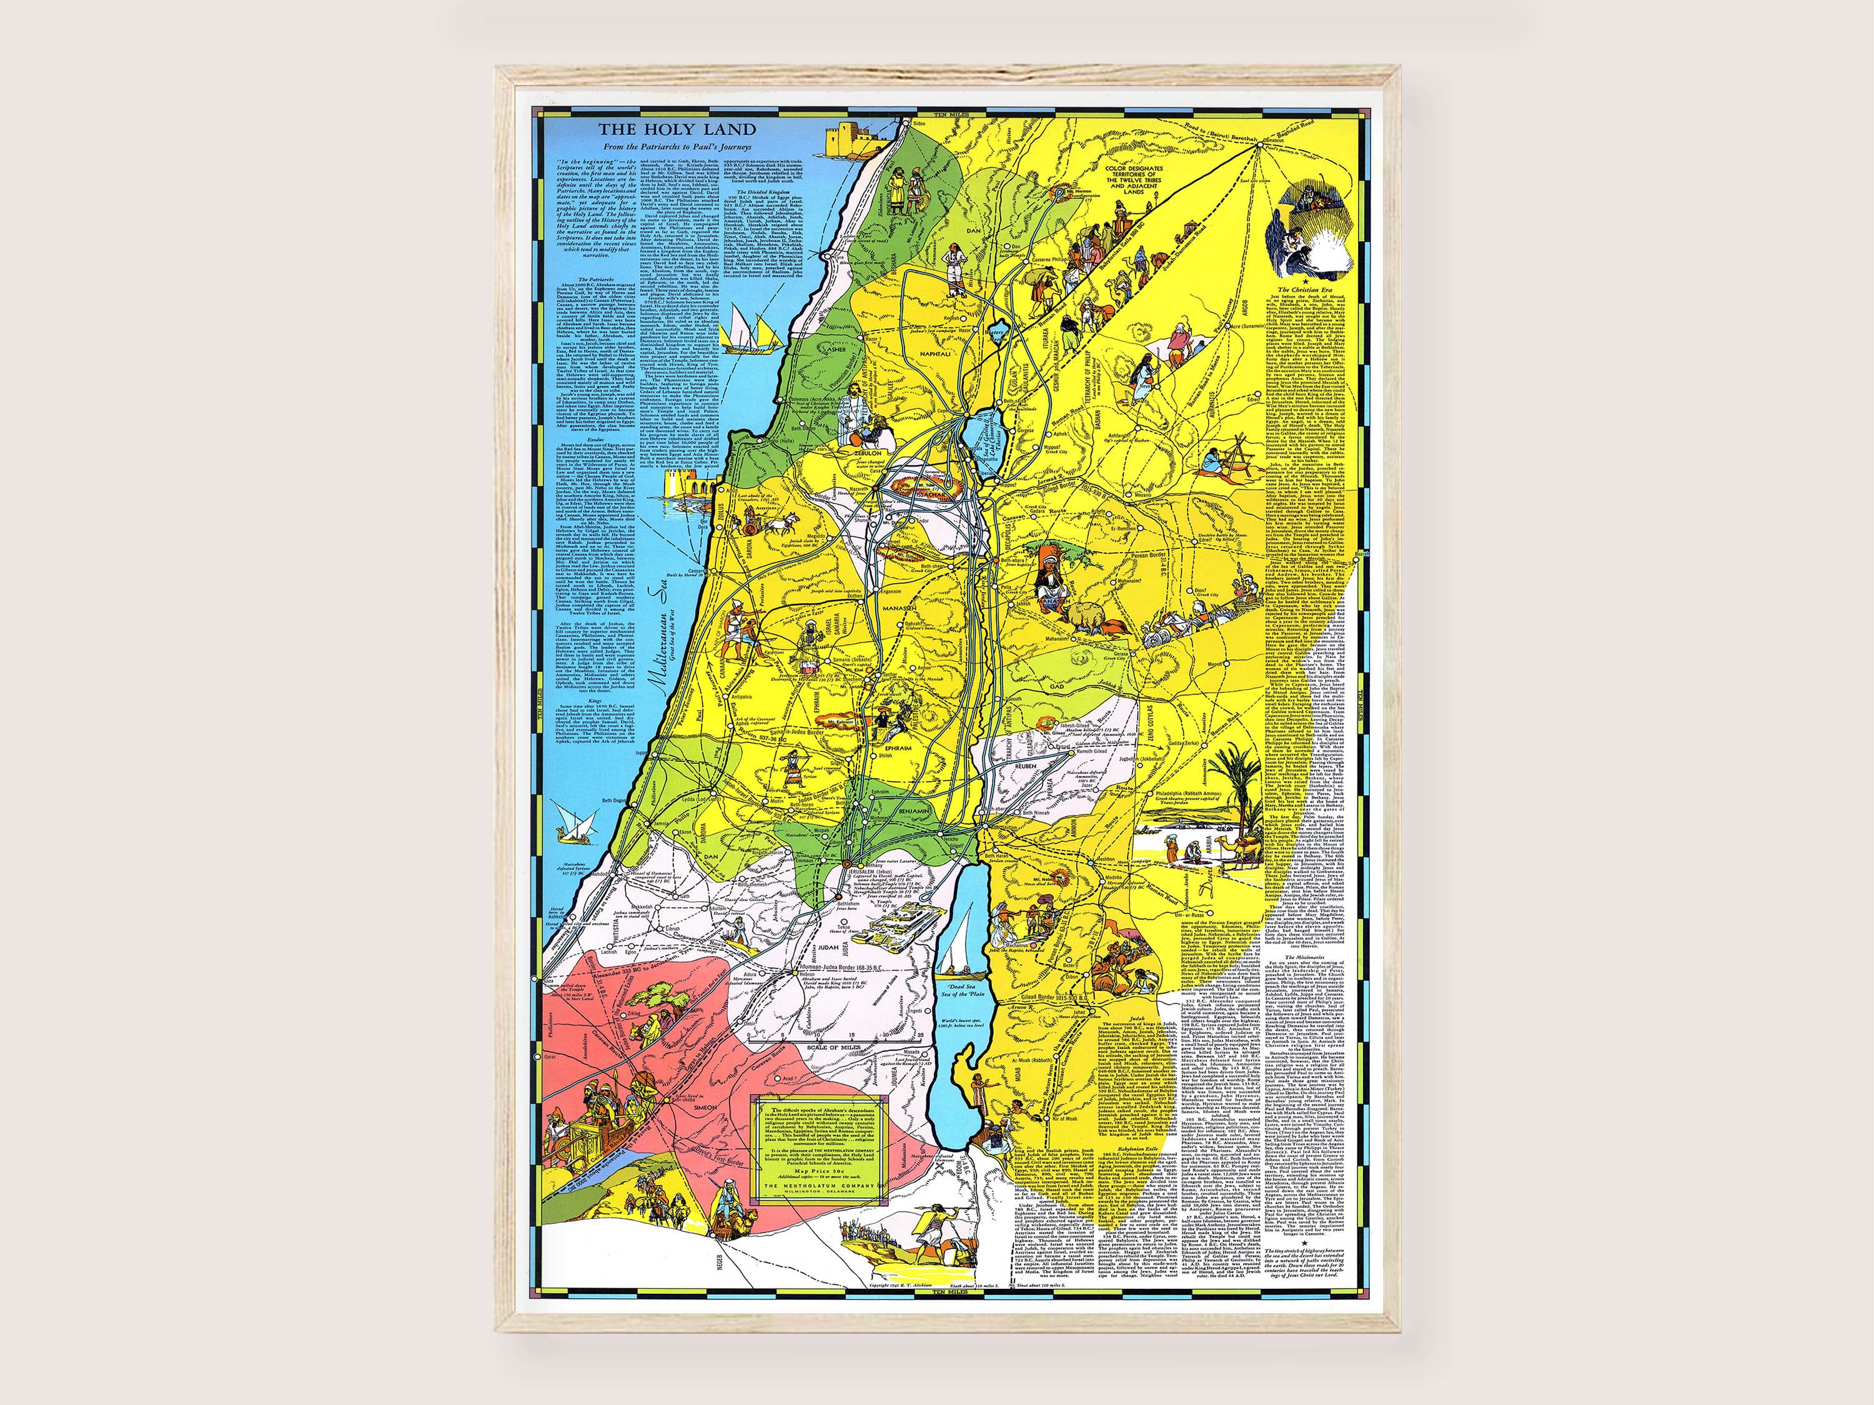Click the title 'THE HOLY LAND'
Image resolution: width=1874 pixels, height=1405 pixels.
677,130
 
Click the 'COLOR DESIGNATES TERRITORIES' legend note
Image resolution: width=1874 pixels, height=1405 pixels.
1134,180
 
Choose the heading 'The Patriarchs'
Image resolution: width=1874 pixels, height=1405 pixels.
595,279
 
